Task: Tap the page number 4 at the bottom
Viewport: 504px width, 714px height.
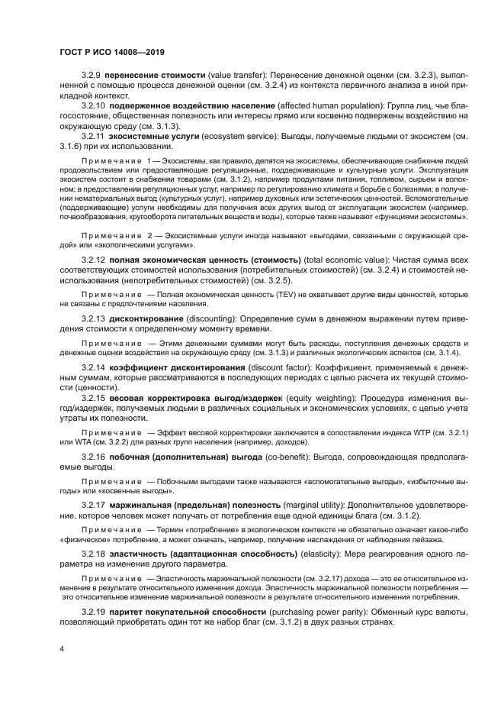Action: click(x=62, y=649)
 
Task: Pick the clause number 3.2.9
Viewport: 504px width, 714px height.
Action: click(x=91, y=77)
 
